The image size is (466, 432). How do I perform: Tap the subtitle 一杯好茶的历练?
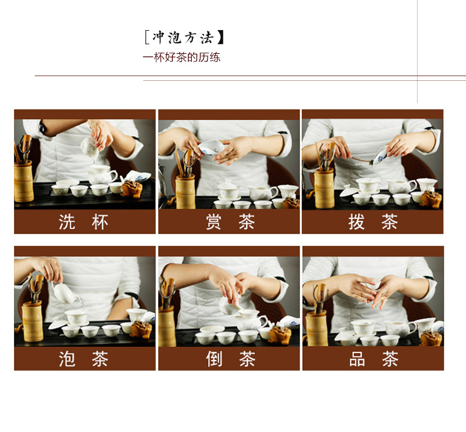tap(181, 57)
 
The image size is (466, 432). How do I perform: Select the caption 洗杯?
tap(83, 222)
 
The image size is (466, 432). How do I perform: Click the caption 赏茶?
tap(230, 222)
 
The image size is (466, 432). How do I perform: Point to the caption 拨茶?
tap(373, 222)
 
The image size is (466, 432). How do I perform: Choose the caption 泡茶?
tap(83, 359)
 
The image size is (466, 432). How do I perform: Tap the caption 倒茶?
tap(231, 359)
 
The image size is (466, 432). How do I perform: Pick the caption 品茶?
tap(373, 359)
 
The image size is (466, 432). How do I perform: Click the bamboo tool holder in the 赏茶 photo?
tap(185, 191)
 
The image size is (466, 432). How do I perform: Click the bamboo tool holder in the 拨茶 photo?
tap(324, 188)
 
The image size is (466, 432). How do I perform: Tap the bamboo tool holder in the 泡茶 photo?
tap(32, 322)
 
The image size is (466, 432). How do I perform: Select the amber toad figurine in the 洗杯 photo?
tap(132, 188)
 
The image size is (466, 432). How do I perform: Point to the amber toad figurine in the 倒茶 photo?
tap(280, 335)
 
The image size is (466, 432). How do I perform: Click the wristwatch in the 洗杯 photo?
tap(42, 127)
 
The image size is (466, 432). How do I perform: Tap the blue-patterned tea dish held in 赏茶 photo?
tap(211, 147)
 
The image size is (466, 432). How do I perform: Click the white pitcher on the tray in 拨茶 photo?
tap(401, 186)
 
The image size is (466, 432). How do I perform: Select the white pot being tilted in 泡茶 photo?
tap(65, 293)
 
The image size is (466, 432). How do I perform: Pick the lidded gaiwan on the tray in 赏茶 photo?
tap(228, 190)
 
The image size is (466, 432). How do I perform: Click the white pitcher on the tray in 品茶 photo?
tap(400, 328)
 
